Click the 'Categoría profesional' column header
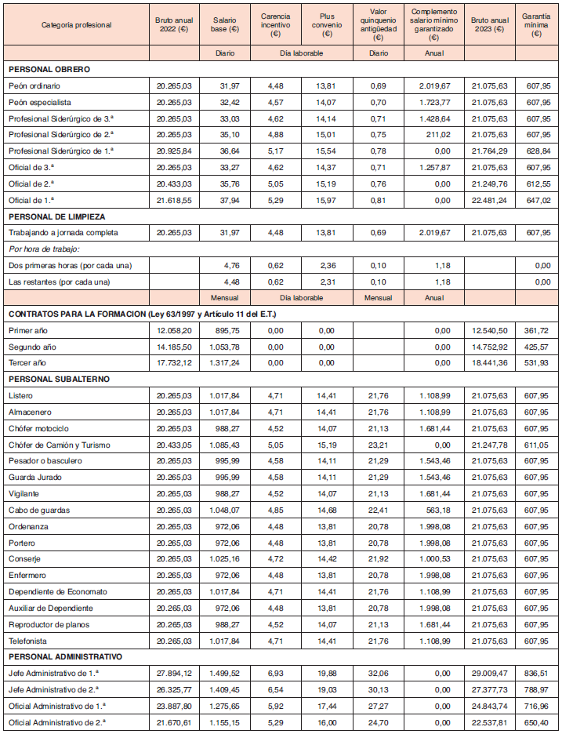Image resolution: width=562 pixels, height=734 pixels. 77,25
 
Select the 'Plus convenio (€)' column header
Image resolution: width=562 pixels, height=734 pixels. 327,25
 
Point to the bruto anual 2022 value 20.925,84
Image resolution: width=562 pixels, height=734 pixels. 174,151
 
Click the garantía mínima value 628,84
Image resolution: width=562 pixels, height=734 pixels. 535,151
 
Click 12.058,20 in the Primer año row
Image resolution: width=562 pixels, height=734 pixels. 174,330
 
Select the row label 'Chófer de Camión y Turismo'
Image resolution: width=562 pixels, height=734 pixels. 59,445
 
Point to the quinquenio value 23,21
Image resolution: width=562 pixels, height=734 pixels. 379,445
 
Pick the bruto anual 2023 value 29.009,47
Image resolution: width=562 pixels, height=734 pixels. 490,673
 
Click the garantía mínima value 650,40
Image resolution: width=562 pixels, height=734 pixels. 535,721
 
